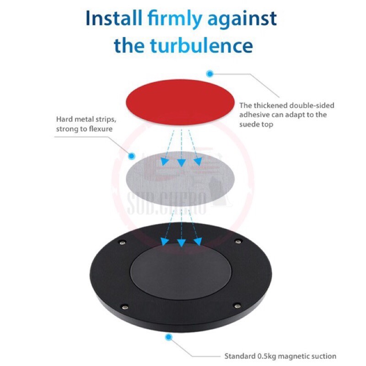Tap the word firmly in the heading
coord(175,19)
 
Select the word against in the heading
coord(242,19)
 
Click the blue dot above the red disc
coord(210,73)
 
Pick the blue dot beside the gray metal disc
coord(132,156)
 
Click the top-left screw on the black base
coord(122,242)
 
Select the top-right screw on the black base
coord(238,241)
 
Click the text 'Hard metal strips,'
coord(86,119)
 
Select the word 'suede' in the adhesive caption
coord(250,124)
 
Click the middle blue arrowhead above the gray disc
coord(181,162)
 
